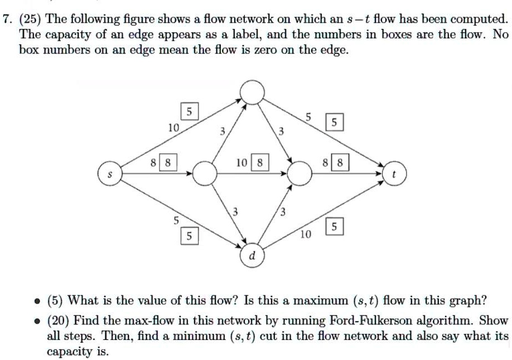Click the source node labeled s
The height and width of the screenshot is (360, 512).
[110, 174]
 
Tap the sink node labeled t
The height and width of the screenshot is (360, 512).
[395, 173]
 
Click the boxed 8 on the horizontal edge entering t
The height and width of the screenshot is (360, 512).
[341, 164]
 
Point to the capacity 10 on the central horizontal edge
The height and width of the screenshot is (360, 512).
[241, 164]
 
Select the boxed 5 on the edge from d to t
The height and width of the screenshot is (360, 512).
[334, 227]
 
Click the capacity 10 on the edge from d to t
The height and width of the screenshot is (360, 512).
[305, 235]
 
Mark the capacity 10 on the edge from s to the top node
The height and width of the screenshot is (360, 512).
[173, 128]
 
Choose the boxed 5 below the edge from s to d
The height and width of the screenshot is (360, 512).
[189, 237]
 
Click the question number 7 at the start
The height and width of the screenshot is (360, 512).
[6, 20]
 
